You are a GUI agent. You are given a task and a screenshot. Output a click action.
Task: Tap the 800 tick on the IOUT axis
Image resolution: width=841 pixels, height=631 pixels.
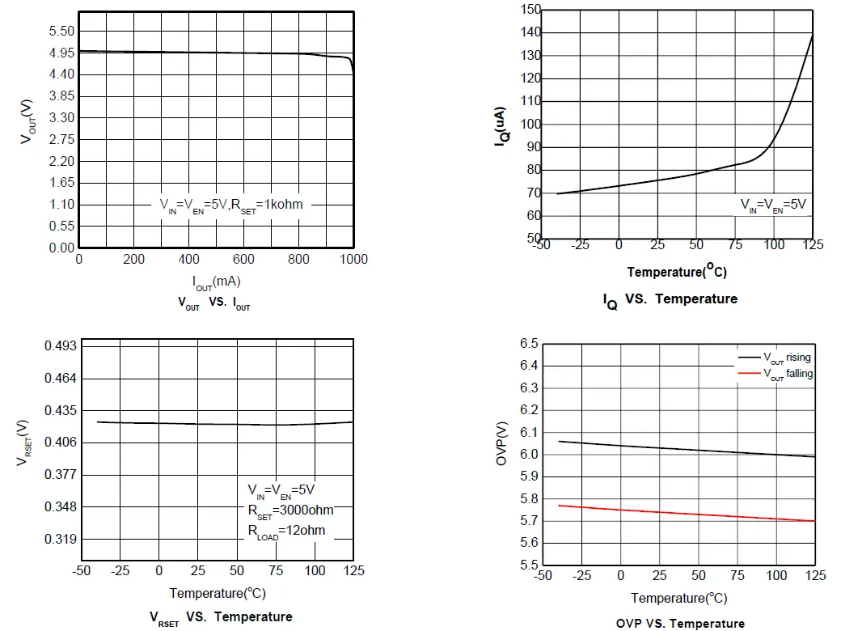pyautogui.click(x=299, y=259)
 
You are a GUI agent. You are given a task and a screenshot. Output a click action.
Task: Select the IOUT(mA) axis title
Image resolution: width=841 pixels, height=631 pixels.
pyautogui.click(x=216, y=282)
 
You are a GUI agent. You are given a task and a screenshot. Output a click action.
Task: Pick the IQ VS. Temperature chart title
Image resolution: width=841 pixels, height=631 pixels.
pyautogui.click(x=670, y=299)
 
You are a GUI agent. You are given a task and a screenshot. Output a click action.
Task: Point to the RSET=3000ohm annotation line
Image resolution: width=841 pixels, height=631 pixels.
pyautogui.click(x=289, y=510)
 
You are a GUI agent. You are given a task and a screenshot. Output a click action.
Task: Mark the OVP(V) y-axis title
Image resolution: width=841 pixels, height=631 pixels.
pyautogui.click(x=501, y=453)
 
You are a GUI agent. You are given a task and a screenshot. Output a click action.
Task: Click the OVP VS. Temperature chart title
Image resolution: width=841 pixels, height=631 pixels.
pyautogui.click(x=679, y=623)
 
